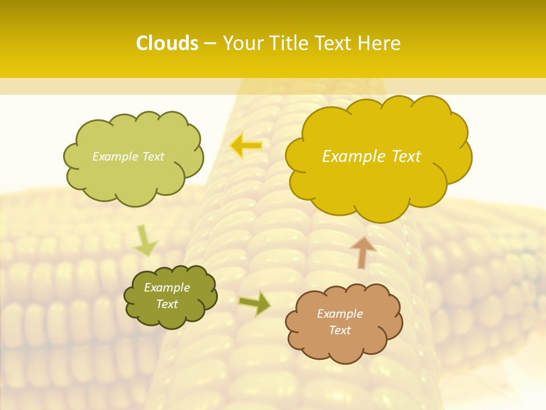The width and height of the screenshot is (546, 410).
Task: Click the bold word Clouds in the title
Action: (x=167, y=43)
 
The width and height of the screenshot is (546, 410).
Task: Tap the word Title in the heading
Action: (x=292, y=43)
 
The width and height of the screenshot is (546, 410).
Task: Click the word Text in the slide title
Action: (x=337, y=43)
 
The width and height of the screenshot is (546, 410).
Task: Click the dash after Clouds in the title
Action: (x=210, y=44)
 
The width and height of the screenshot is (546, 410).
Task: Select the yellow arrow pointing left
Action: (x=246, y=146)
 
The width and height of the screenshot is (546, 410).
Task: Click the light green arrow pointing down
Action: (x=144, y=240)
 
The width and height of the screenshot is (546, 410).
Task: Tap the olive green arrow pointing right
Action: (x=255, y=304)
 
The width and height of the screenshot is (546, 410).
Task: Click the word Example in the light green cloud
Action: (x=113, y=157)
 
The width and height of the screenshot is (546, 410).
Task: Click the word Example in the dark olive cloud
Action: (x=167, y=288)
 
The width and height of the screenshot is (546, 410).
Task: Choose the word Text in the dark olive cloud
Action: (x=167, y=304)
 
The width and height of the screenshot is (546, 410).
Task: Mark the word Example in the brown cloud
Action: (x=340, y=314)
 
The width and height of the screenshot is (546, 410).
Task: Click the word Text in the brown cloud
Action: (x=340, y=330)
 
